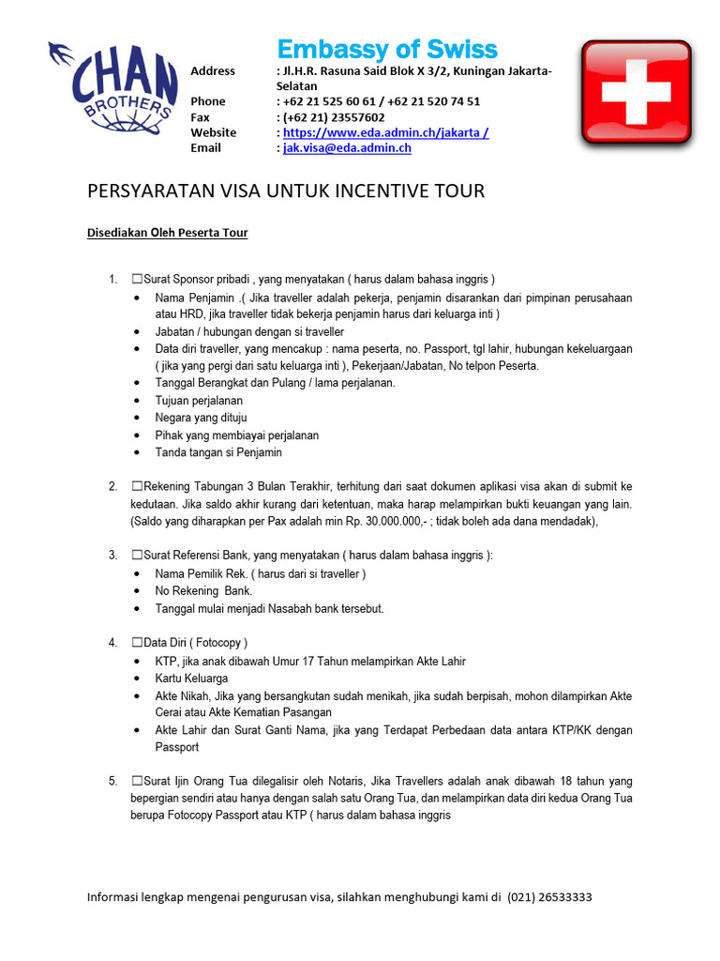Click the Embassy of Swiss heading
(386, 50)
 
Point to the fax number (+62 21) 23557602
(333, 117)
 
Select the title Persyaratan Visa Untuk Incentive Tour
(286, 191)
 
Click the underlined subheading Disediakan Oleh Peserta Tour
(167, 233)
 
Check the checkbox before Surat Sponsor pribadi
(137, 279)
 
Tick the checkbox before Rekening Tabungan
(137, 486)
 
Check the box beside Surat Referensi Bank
(137, 556)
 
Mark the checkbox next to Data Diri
(137, 643)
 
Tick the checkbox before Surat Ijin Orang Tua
(137, 781)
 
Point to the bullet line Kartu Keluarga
(191, 679)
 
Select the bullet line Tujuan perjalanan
(199, 401)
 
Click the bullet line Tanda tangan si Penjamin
(218, 452)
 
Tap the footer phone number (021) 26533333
(549, 897)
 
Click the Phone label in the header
(208, 101)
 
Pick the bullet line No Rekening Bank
(203, 591)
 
